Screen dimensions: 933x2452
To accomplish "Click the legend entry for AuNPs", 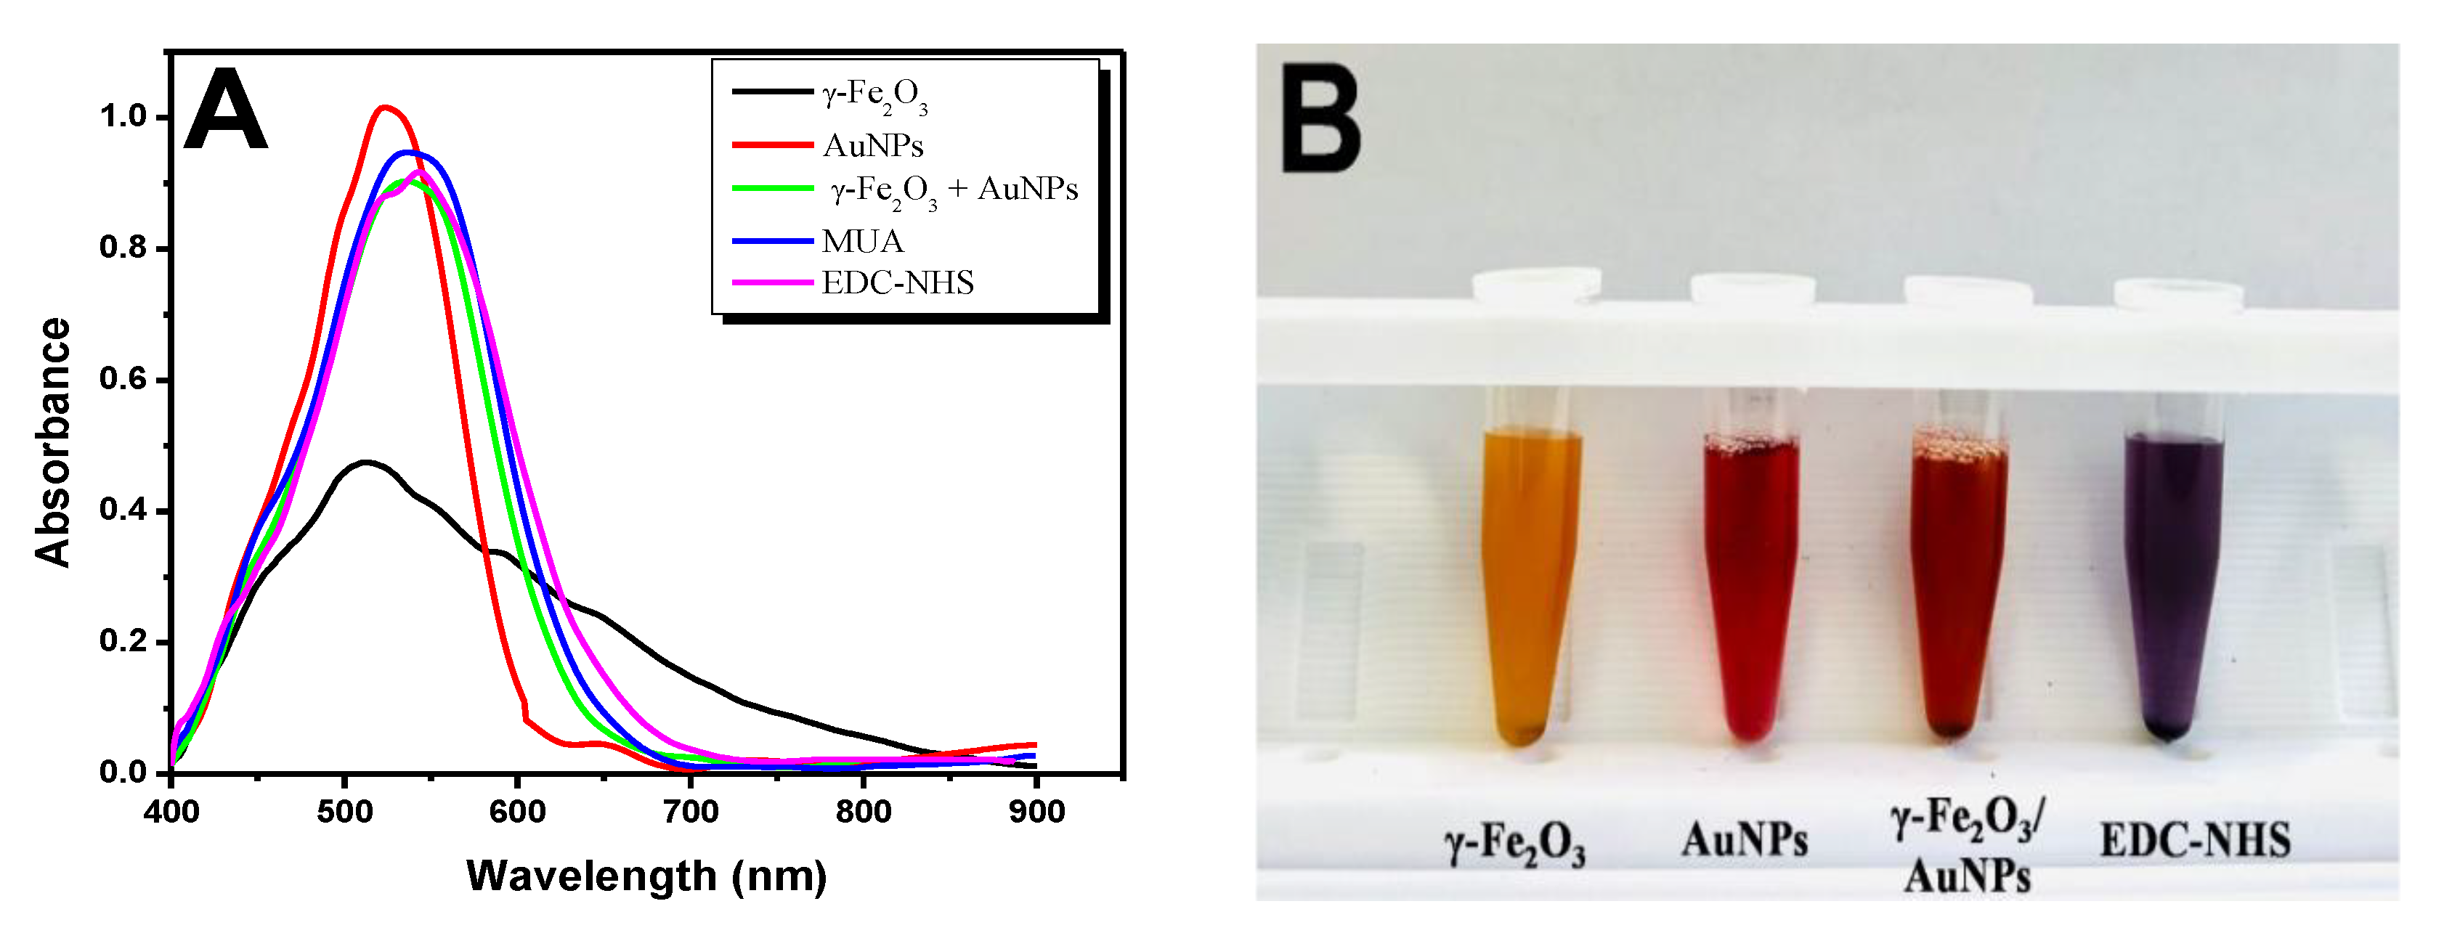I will pyautogui.click(x=872, y=146).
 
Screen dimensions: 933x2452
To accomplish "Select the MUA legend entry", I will pyautogui.click(x=861, y=241).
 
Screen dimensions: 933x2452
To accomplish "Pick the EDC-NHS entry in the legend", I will pyautogui.click(x=897, y=282).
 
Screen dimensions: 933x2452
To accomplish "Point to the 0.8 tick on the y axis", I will pyautogui.click(x=123, y=248).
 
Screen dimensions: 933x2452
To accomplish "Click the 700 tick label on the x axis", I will pyautogui.click(x=690, y=812).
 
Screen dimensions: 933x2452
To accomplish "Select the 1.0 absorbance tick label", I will pyautogui.click(x=123, y=117).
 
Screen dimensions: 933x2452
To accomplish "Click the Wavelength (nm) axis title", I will pyautogui.click(x=646, y=876).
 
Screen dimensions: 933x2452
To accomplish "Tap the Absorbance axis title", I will pyautogui.click(x=53, y=443).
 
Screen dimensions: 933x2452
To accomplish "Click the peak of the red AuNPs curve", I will pyautogui.click(x=384, y=107).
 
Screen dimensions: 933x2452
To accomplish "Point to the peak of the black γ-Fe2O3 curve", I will pyautogui.click(x=365, y=462).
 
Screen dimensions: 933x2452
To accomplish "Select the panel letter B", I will pyautogui.click(x=1321, y=119).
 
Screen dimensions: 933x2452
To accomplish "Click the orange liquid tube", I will pyautogui.click(x=1530, y=581).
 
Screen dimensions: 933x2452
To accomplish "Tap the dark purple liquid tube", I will pyautogui.click(x=2172, y=581).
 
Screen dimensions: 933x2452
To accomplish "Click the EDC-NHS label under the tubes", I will pyautogui.click(x=2194, y=841).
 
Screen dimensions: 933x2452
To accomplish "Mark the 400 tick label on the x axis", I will pyautogui.click(x=171, y=812).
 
